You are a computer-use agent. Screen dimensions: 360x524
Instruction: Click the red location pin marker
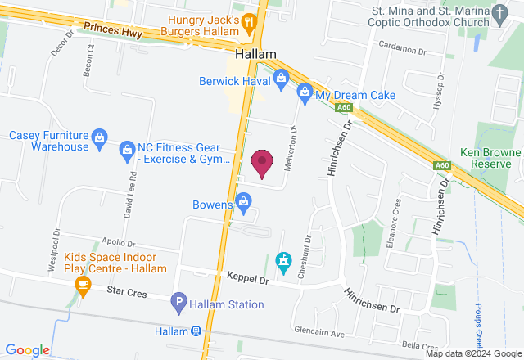pyautogui.click(x=262, y=164)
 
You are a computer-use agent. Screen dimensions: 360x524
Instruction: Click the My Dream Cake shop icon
pyautogui.click(x=305, y=92)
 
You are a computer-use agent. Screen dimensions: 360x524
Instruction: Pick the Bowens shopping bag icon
pyautogui.click(x=243, y=200)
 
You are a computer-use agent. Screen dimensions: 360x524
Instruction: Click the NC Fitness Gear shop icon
pyautogui.click(x=127, y=149)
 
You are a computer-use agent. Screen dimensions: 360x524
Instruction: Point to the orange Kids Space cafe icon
pyautogui.click(x=82, y=285)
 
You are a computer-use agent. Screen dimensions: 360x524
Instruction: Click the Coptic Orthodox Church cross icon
pyautogui.click(x=499, y=14)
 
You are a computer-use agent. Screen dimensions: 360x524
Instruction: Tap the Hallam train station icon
pyautogui.click(x=196, y=331)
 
